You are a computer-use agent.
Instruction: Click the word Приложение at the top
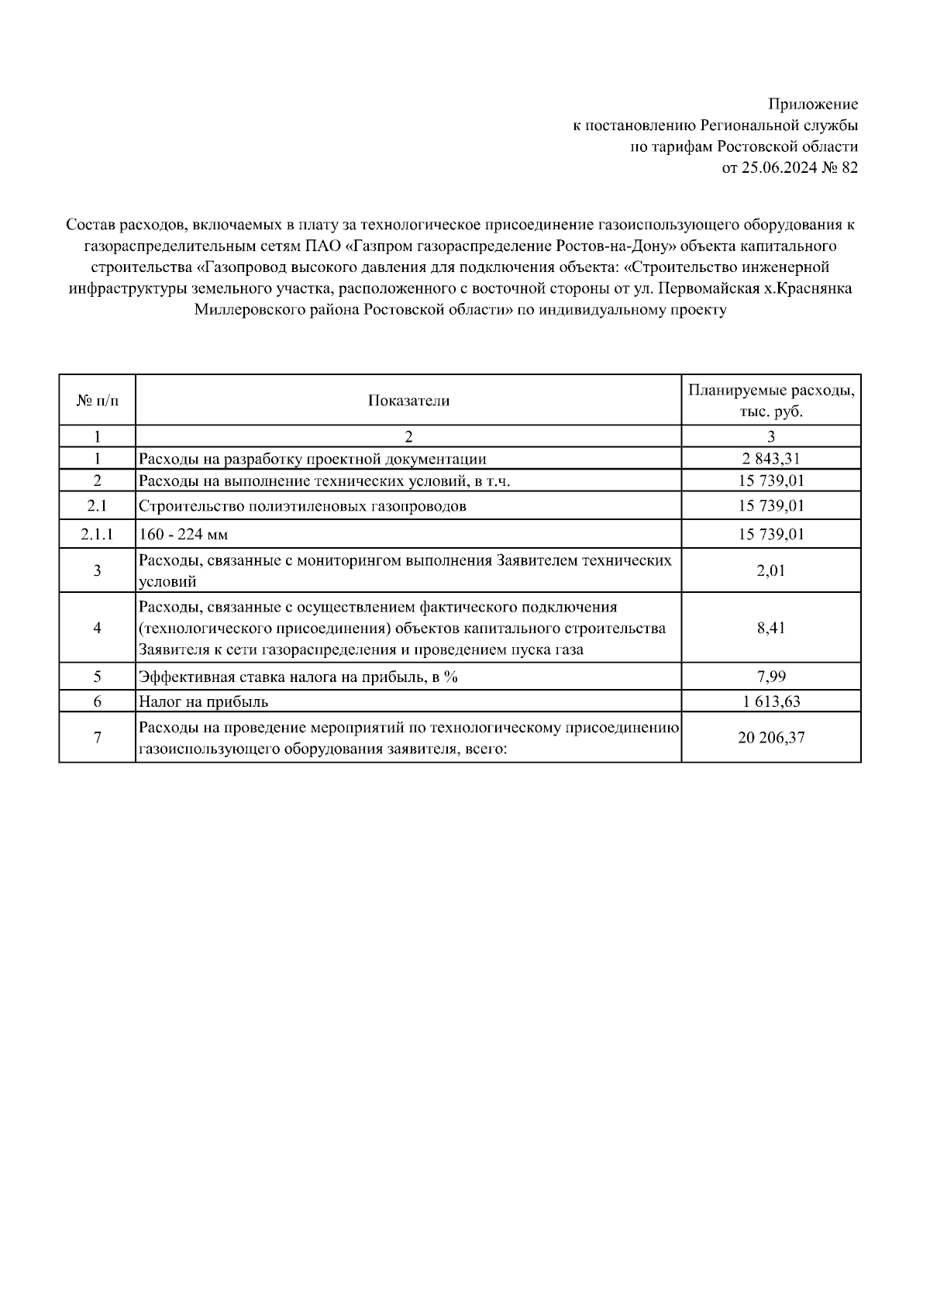pyautogui.click(x=813, y=104)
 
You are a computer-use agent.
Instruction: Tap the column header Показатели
pyautogui.click(x=408, y=401)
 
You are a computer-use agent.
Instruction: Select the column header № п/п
pyautogui.click(x=98, y=401)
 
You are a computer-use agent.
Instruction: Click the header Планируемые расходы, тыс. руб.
pyautogui.click(x=771, y=401)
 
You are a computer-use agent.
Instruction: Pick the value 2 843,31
pyautogui.click(x=771, y=459)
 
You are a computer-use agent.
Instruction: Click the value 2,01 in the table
pyautogui.click(x=771, y=571)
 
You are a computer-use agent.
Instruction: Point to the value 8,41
pyautogui.click(x=771, y=628)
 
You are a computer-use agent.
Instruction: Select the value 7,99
pyautogui.click(x=771, y=677)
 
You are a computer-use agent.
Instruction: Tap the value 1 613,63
pyautogui.click(x=771, y=702)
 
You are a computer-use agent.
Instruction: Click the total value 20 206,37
pyautogui.click(x=771, y=738)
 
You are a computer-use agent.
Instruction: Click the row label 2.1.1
pyautogui.click(x=98, y=534)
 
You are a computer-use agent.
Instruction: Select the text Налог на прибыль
pyautogui.click(x=203, y=702)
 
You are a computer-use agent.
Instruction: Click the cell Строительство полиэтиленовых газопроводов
pyautogui.click(x=302, y=507)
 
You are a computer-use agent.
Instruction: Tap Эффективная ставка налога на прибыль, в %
pyautogui.click(x=298, y=677)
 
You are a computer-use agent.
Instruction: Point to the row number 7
pyautogui.click(x=98, y=738)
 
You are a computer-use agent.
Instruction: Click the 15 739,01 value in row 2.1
pyautogui.click(x=771, y=506)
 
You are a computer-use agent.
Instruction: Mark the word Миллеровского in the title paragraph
pyautogui.click(x=240, y=310)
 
